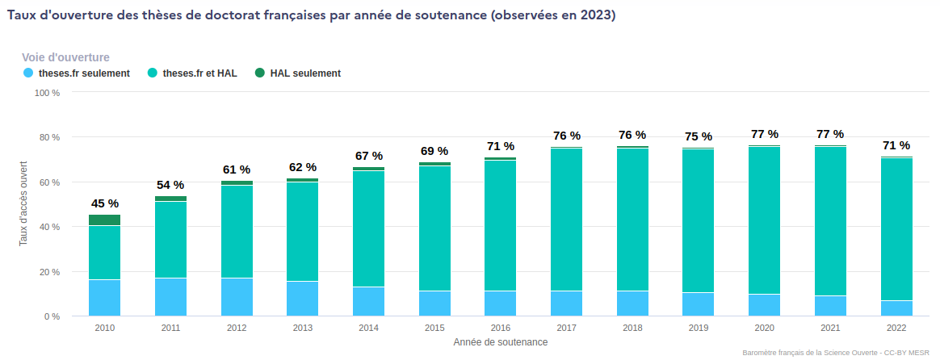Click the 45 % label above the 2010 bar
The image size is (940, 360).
click(104, 203)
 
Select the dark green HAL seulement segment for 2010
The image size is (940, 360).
click(104, 220)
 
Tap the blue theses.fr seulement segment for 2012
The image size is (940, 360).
click(237, 297)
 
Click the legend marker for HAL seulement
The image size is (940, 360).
click(260, 73)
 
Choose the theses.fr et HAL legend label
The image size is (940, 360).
click(199, 73)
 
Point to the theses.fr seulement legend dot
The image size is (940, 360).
click(28, 73)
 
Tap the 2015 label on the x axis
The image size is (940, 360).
click(434, 329)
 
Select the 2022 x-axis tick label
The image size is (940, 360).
click(896, 329)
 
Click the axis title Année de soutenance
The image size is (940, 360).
click(501, 342)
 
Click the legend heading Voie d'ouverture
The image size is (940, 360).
click(65, 57)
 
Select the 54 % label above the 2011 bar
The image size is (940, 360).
click(170, 185)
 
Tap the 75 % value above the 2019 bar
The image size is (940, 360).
click(699, 136)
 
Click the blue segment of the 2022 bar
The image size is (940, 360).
click(896, 308)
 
